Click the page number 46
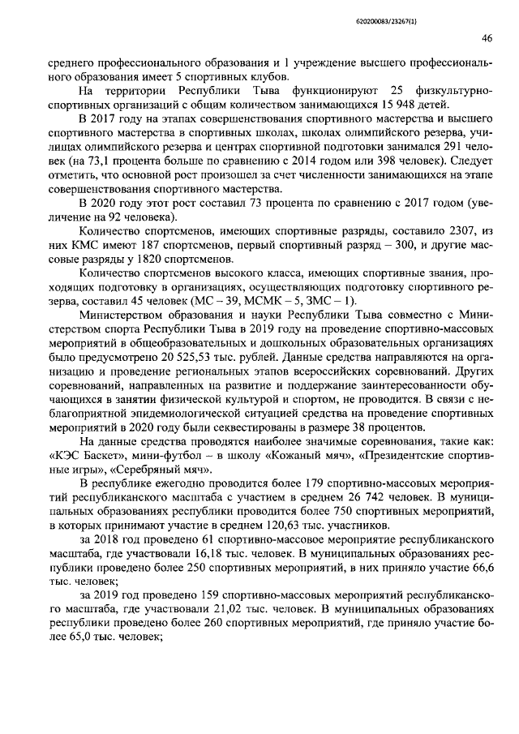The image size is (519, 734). (x=487, y=37)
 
